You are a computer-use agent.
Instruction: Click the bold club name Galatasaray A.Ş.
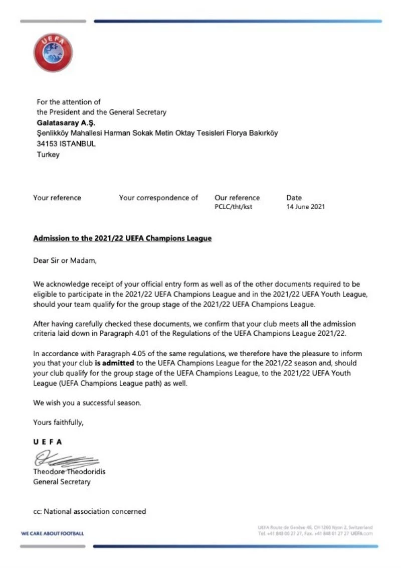[x=66, y=123]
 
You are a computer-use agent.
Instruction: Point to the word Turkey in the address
[x=48, y=155]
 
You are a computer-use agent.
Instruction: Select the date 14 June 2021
[x=305, y=207]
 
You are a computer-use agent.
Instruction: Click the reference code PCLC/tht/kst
[x=233, y=207]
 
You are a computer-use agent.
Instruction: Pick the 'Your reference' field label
[x=57, y=198]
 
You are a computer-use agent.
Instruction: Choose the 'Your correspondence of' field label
[x=158, y=198]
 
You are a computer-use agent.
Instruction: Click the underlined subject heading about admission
[x=122, y=238]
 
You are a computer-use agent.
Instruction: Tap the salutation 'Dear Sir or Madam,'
[x=64, y=260]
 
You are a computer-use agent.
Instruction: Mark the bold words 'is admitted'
[x=115, y=362]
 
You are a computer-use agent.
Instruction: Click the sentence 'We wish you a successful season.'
[x=87, y=402]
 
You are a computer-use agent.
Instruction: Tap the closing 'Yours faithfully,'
[x=58, y=422]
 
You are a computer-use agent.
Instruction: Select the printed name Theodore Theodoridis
[x=69, y=472]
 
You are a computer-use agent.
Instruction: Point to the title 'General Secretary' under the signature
[x=62, y=482]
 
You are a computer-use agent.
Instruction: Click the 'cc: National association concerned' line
[x=89, y=511]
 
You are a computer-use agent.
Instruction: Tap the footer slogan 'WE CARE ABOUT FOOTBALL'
[x=53, y=533]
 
